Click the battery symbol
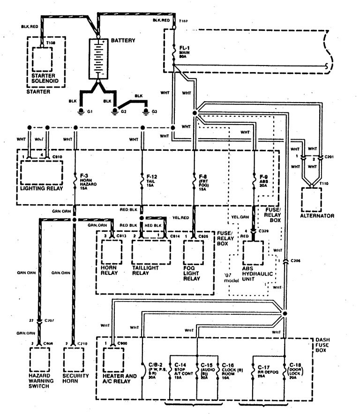[99, 59]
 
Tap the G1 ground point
[80, 111]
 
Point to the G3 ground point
[147, 111]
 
